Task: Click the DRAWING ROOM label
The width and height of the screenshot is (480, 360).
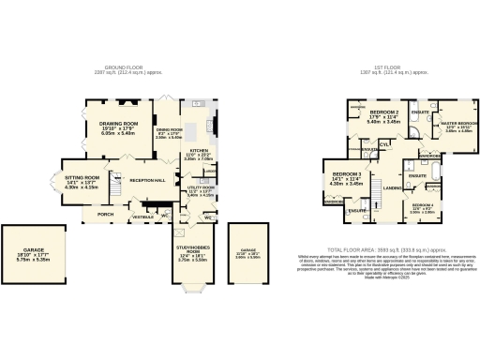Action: (x=118, y=123)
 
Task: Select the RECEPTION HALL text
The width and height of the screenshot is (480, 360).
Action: (x=147, y=178)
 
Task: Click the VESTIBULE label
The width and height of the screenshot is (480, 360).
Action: (x=142, y=217)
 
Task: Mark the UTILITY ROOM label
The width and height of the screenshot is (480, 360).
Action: (x=201, y=187)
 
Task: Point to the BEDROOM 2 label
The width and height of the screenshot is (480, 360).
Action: (x=384, y=112)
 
